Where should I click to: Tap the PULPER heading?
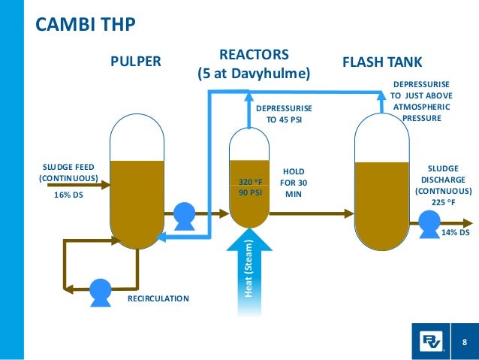136,62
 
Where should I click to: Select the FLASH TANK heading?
382,62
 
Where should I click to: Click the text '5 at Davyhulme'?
253,74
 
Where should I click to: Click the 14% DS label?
454,233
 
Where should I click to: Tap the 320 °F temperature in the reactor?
251,181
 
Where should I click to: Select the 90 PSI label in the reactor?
251,192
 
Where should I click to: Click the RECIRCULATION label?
158,298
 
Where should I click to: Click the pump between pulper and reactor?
183,216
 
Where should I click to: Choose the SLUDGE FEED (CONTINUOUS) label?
68,172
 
